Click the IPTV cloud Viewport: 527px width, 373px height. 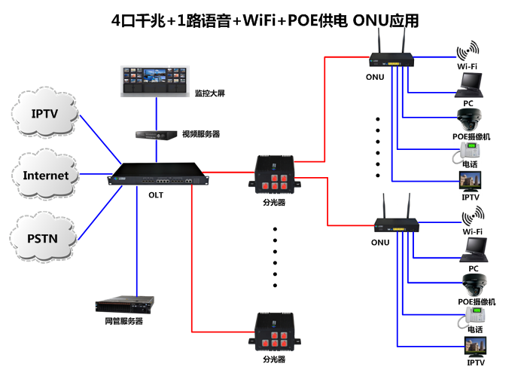pos(45,114)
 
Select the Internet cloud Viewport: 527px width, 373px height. pos(45,176)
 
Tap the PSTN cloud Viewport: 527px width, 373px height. pos(45,239)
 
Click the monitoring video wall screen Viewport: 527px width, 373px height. pos(156,81)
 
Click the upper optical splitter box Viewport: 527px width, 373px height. pos(274,173)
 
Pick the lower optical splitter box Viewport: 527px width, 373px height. pos(274,332)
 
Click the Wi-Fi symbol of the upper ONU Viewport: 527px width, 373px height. pos(468,53)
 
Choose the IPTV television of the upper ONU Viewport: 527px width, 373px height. pos(472,181)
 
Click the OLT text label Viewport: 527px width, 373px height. pos(156,195)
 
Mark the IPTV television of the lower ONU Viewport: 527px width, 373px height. pos(475,347)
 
